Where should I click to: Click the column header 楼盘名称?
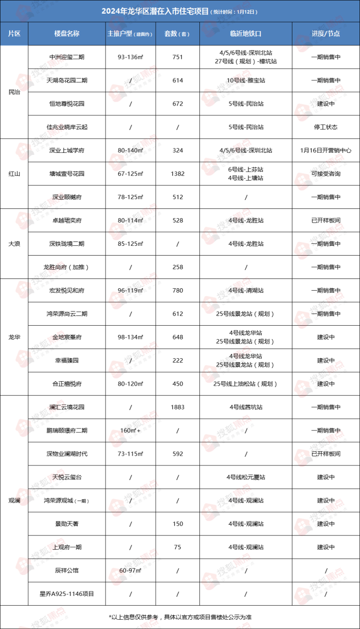point(67,34)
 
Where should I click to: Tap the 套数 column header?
point(177,34)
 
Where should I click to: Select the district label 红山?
point(15,173)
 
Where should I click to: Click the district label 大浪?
point(15,243)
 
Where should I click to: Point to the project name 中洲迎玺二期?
point(67,57)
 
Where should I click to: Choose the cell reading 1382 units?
point(178,174)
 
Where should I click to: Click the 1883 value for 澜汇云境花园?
point(178,407)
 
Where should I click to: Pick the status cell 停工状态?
point(325,127)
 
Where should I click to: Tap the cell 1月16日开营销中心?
point(325,150)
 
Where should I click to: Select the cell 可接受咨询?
point(325,174)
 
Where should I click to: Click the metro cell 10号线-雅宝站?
point(246,80)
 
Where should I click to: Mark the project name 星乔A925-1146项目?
point(67,593)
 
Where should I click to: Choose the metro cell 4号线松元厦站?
point(246,477)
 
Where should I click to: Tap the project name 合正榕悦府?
point(67,384)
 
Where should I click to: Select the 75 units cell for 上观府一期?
point(178,547)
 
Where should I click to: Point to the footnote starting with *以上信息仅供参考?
point(180,617)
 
